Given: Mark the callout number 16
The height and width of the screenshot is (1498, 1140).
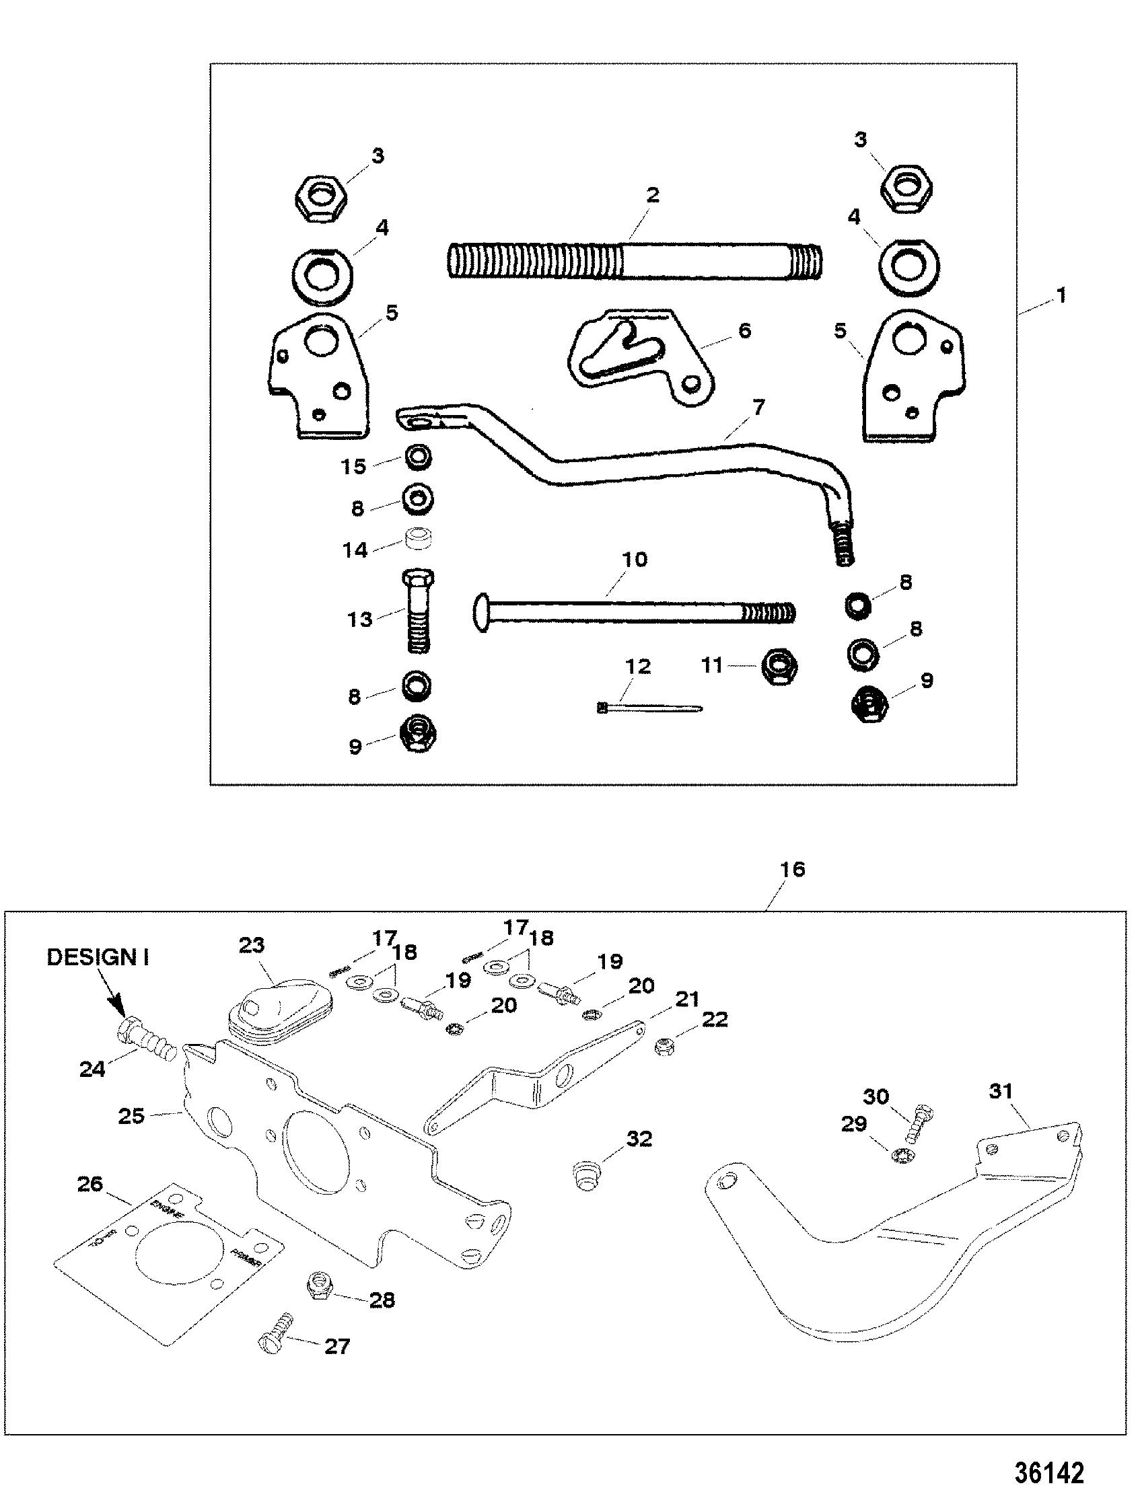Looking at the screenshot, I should click(x=792, y=869).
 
